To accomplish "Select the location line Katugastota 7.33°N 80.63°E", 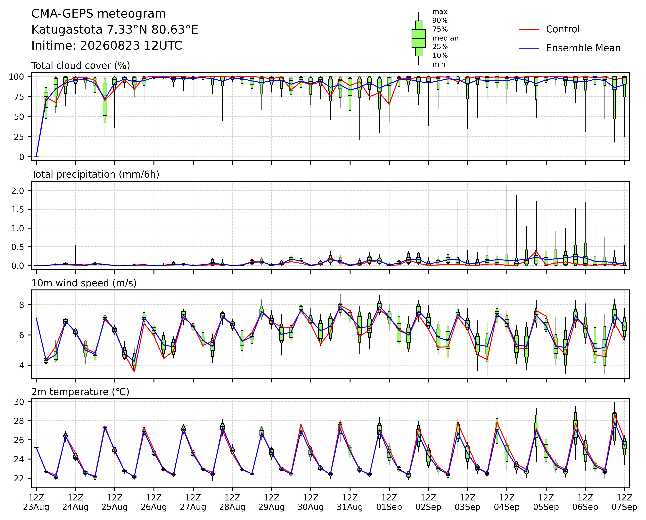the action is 115,30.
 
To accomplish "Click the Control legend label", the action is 563,29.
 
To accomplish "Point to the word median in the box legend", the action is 445,38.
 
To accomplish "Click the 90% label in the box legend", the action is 440,21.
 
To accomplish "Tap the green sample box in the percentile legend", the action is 419,38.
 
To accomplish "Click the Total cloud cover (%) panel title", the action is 81,66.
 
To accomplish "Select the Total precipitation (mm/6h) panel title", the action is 95,174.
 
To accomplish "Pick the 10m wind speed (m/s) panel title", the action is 84,283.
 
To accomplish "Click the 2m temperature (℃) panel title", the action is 80,392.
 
